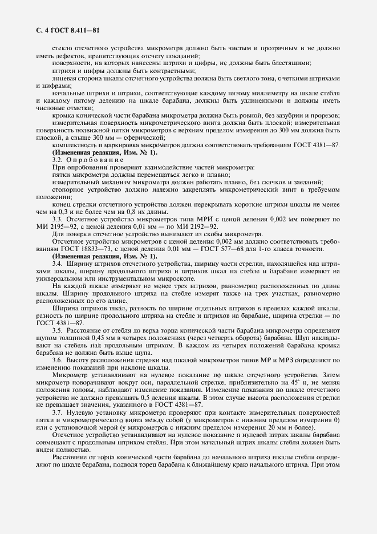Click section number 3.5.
(57, 330)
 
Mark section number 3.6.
(57, 360)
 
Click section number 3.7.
(57, 412)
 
